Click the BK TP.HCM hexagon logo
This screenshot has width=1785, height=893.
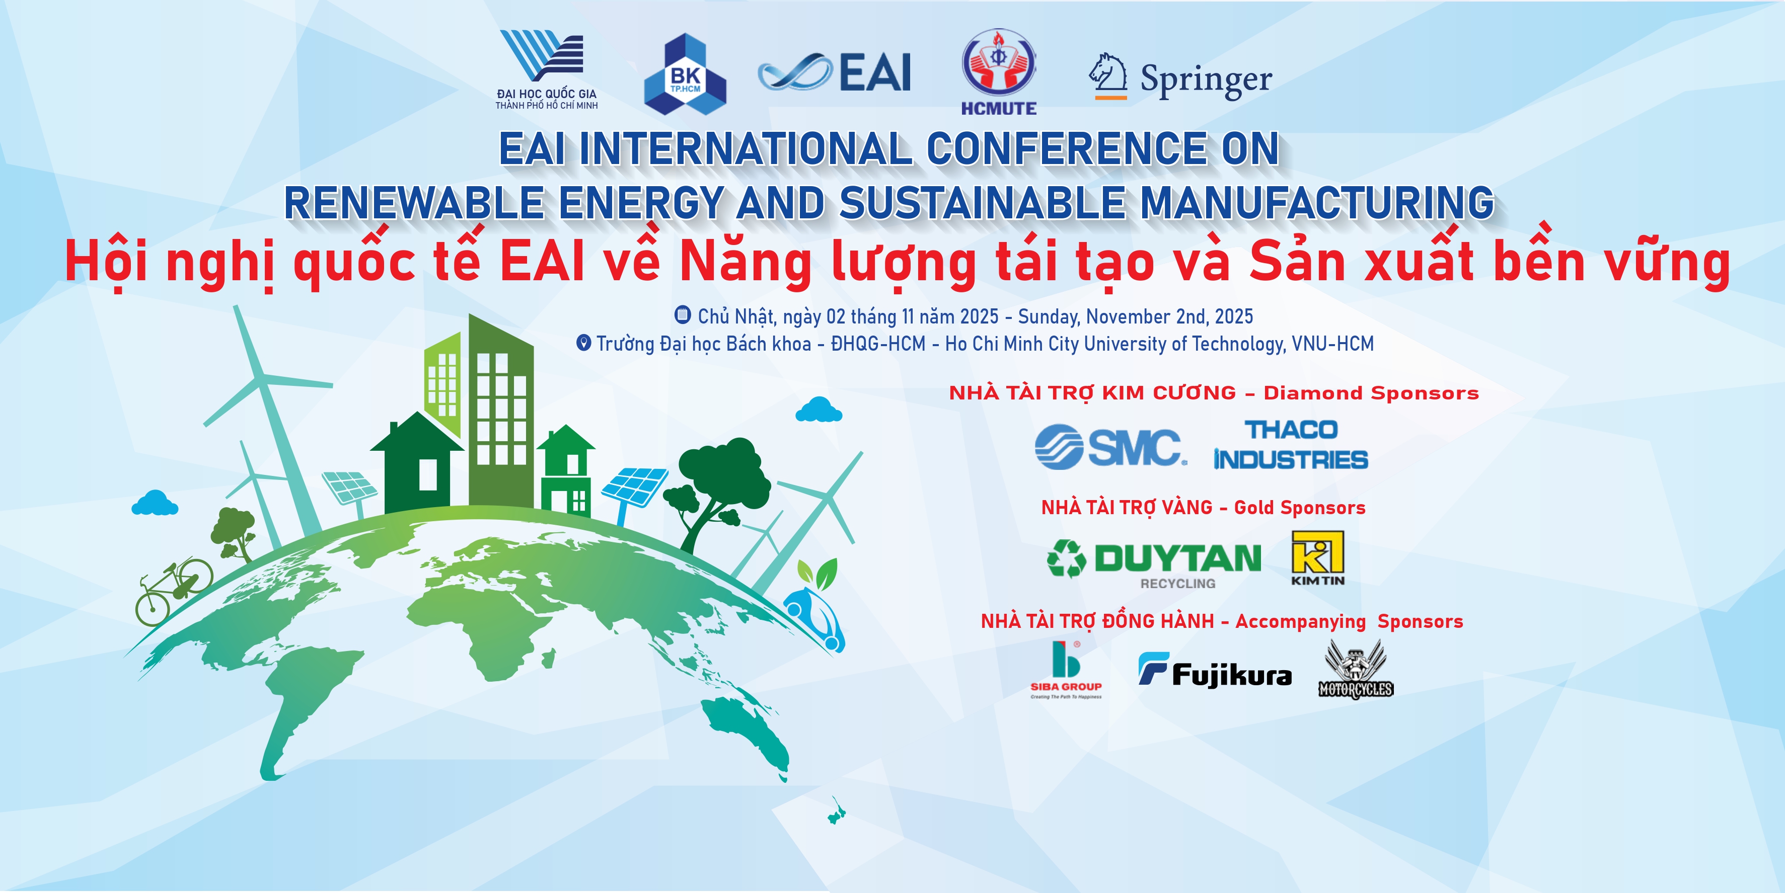(685, 73)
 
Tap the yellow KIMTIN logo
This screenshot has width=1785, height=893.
(1318, 558)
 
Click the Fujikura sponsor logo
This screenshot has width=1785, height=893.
(1215, 670)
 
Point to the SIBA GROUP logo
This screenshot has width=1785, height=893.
(1066, 670)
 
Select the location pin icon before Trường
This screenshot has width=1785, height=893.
(584, 343)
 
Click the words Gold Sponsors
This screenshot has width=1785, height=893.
(1299, 508)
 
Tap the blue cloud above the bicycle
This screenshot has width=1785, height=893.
(155, 503)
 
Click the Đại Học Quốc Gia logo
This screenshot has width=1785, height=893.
(546, 69)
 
